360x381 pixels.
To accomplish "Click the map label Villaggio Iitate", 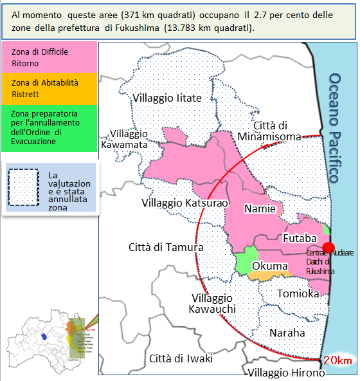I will coord(167,98).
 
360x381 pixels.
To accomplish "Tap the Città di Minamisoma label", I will coord(268,131).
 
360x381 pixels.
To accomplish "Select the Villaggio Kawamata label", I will coord(129,139).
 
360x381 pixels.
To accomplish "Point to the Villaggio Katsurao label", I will coord(184,203).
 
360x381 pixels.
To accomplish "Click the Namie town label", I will coord(260,209).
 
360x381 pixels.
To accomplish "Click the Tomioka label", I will coord(298,293).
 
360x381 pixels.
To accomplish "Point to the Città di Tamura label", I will coord(166,247).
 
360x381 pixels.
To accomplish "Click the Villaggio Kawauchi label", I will coord(212,304).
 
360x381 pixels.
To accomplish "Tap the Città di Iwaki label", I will coord(181,358).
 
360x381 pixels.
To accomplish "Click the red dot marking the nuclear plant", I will coord(328,248).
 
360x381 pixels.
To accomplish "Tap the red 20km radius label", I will coord(338,361).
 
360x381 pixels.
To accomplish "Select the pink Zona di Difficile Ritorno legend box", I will coord(50,57).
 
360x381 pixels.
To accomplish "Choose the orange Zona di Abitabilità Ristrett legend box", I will coord(50,88).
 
